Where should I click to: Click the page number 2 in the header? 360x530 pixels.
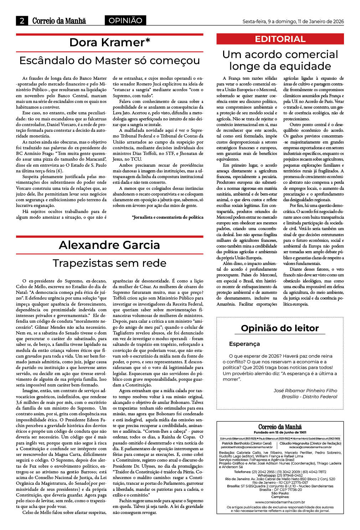pyautogui.click(x=22, y=21)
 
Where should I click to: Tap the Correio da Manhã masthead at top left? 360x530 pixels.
pyautogui.click(x=59, y=21)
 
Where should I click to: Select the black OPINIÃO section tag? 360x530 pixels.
pyautogui.click(x=125, y=21)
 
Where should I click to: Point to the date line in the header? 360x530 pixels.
pyautogui.click(x=293, y=21)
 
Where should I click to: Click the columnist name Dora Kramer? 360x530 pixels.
pyautogui.click(x=109, y=42)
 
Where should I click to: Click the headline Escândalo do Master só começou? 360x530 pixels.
pyautogui.click(x=109, y=61)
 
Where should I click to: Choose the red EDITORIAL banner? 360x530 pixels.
pyautogui.click(x=280, y=39)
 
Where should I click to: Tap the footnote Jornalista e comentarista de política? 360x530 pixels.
pyautogui.click(x=168, y=217)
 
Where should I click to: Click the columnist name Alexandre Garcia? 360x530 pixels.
pyautogui.click(x=109, y=245)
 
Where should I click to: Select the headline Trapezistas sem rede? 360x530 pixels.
pyautogui.click(x=109, y=263)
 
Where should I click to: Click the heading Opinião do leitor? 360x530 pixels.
pyautogui.click(x=280, y=328)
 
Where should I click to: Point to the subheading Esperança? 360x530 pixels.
pyautogui.click(x=244, y=344)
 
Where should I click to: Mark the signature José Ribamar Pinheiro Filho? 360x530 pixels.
pyautogui.click(x=305, y=390)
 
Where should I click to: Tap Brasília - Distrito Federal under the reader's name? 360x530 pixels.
pyautogui.click(x=309, y=396)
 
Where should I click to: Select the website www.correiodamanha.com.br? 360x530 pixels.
pyautogui.click(x=280, y=502)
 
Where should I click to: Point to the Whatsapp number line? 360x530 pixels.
pyautogui.click(x=280, y=475)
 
